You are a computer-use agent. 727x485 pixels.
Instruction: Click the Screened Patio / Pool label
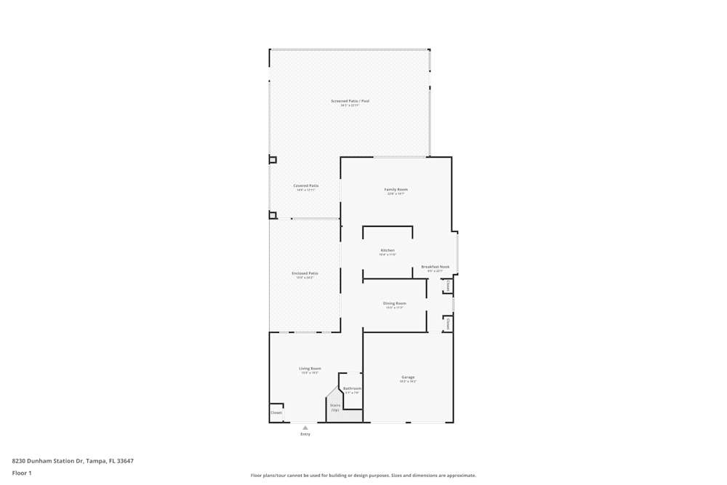[350, 101]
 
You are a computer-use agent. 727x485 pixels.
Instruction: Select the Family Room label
[395, 190]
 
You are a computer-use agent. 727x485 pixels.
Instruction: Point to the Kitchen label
[387, 250]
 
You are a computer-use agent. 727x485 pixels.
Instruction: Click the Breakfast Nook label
[435, 267]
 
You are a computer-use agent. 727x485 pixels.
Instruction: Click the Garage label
[408, 377]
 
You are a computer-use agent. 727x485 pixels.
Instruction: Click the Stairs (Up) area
[335, 407]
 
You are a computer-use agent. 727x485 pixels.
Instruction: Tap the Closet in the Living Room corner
[276, 412]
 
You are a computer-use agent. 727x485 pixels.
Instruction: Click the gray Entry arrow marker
[305, 428]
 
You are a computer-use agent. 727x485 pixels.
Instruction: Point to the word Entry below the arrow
[305, 434]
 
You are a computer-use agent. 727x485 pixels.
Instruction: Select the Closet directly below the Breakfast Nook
[448, 286]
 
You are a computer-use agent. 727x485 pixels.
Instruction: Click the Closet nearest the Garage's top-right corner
[448, 323]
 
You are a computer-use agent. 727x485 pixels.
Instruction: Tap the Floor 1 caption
[22, 473]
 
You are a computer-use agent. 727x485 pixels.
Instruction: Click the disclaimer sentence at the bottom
[363, 476]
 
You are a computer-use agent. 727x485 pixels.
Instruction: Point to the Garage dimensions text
[408, 382]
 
